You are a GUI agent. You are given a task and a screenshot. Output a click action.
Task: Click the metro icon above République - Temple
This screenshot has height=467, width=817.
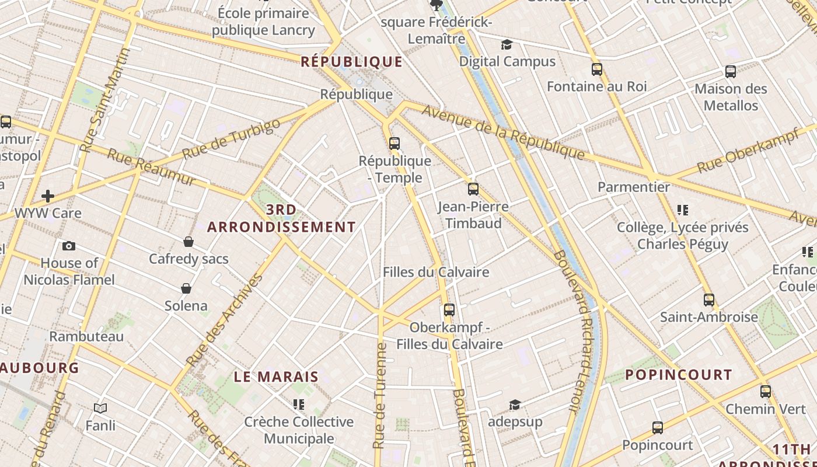coord(394,143)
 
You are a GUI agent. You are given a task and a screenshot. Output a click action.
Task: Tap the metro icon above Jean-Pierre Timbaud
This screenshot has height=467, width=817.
coord(473,189)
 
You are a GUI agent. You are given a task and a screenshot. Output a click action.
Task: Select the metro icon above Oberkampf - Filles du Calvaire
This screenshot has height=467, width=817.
coord(449,310)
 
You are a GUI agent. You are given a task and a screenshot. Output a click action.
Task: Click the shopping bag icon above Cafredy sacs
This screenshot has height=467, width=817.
coord(188,242)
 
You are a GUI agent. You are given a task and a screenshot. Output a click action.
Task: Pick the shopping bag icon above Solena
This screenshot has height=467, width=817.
coord(186,288)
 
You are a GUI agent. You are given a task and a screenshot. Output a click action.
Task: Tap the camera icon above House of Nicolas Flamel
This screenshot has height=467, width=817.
coord(69,246)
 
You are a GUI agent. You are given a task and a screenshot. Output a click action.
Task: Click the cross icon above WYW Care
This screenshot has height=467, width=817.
coord(48,196)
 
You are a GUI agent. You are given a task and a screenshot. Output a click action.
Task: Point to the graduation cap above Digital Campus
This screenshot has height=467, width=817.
coord(507,45)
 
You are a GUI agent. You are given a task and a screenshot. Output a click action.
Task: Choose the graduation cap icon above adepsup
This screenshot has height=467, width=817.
coord(514,405)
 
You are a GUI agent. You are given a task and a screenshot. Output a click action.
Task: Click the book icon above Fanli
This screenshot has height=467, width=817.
coord(100,409)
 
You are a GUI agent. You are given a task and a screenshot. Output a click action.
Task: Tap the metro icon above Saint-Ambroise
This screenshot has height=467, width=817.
coord(709,300)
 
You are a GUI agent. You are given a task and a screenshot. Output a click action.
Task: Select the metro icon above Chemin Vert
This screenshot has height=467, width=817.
coord(766,392)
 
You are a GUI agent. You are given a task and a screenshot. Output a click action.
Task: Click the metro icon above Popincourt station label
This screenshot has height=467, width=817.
coord(658,428)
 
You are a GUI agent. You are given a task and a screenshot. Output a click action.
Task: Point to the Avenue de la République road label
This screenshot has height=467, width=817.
coord(502,132)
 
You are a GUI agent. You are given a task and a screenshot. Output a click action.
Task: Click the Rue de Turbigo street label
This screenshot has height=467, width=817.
coord(231,140)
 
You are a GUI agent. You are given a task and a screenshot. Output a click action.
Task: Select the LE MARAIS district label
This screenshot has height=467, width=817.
coord(276,377)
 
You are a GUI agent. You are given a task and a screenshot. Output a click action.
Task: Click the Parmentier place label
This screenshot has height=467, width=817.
coord(633,187)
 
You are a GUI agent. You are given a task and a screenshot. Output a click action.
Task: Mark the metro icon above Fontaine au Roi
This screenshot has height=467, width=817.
coord(597,69)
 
